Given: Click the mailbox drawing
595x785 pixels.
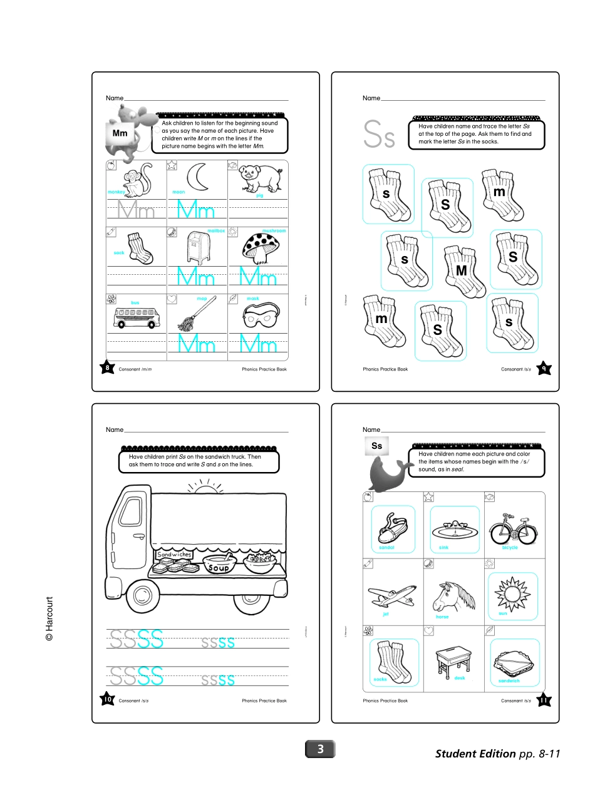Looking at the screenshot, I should pyautogui.click(x=197, y=247).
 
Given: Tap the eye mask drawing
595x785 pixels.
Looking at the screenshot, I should pyautogui.click(x=258, y=317).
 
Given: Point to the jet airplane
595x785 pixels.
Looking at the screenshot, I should pyautogui.click(x=392, y=594).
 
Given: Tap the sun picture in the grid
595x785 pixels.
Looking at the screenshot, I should pyautogui.click(x=513, y=592).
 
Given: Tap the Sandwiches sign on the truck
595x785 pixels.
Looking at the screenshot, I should pyautogui.click(x=174, y=555).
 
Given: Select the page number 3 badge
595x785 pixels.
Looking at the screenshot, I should pyautogui.click(x=320, y=749).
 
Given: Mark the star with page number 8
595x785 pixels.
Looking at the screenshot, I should pyautogui.click(x=108, y=368).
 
